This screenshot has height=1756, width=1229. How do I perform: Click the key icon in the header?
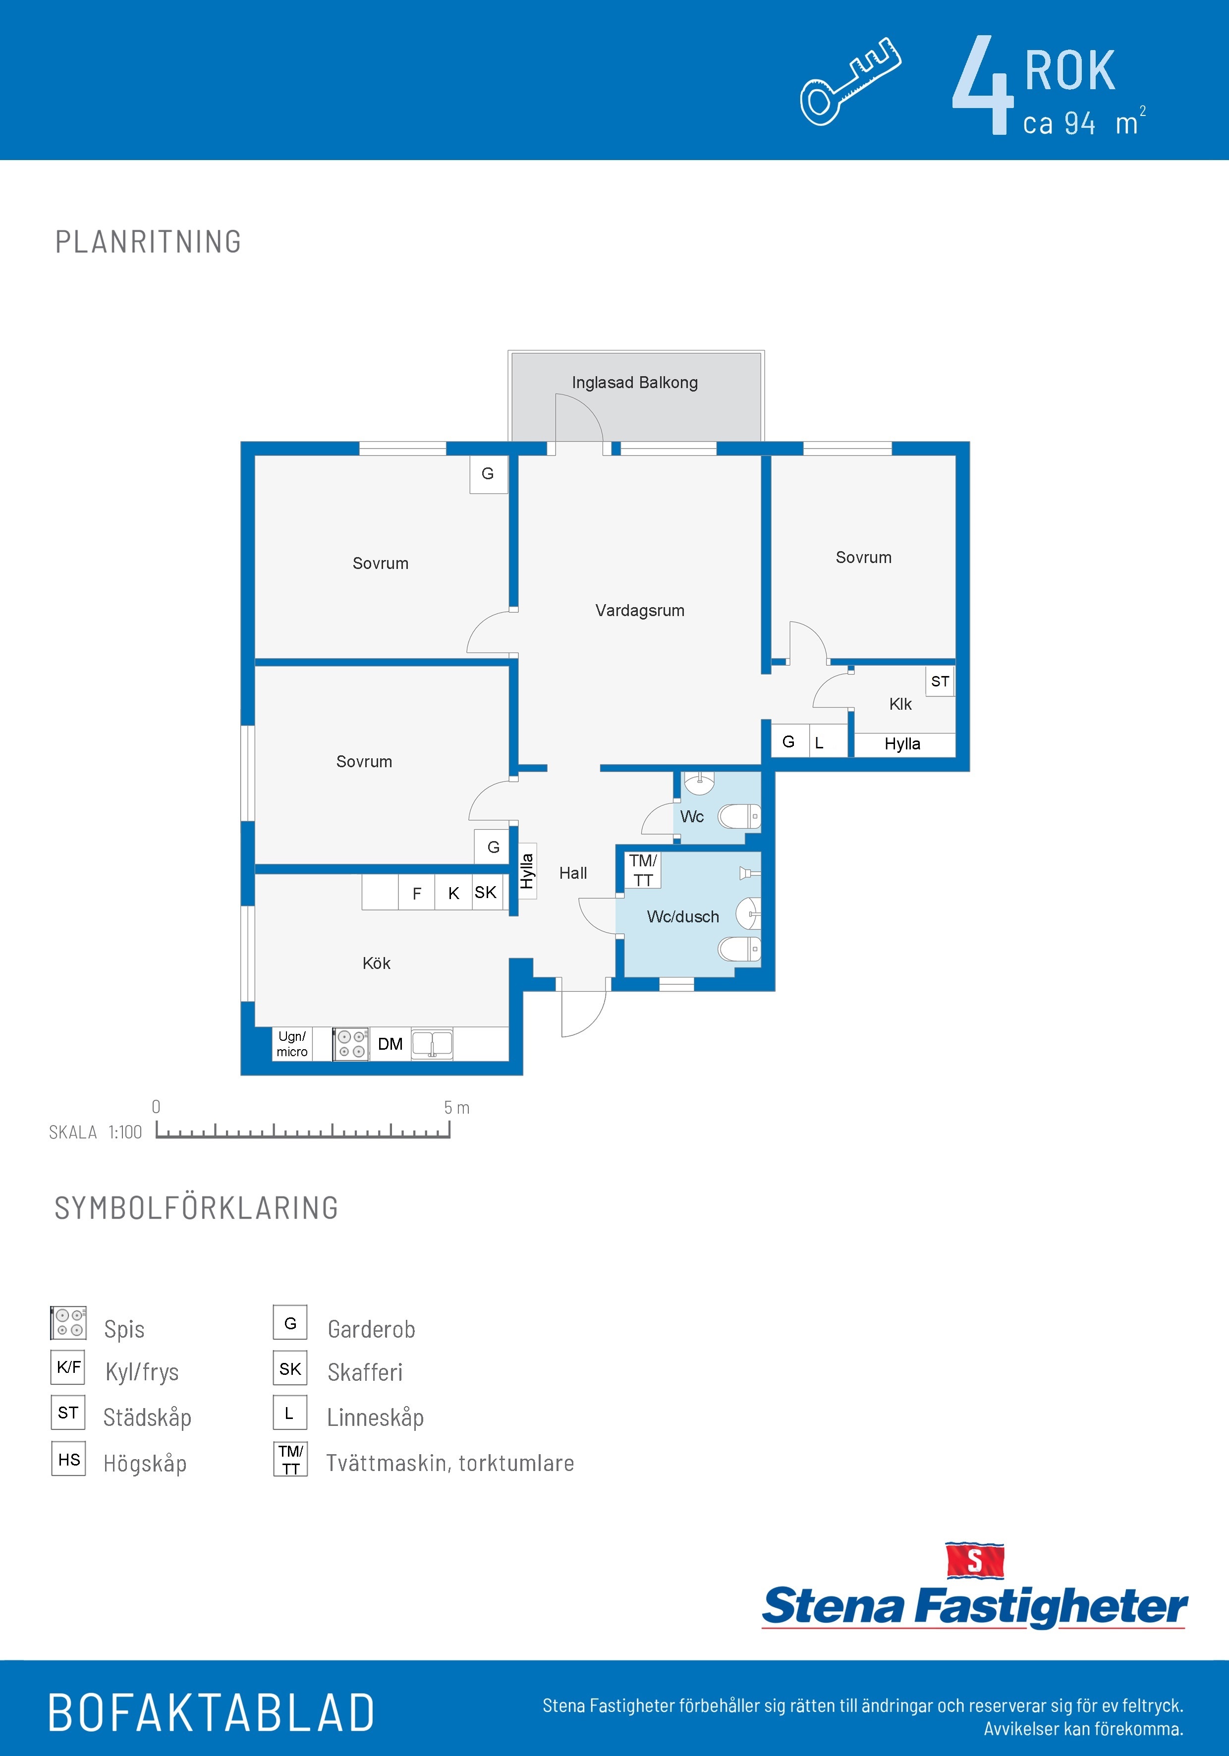pyautogui.click(x=850, y=81)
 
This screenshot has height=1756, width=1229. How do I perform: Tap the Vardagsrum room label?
pyautogui.click(x=640, y=610)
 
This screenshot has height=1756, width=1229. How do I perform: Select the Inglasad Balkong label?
pyautogui.click(x=635, y=383)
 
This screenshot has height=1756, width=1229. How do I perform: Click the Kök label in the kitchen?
pyautogui.click(x=376, y=963)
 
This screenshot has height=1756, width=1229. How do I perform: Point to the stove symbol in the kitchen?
pyautogui.click(x=351, y=1044)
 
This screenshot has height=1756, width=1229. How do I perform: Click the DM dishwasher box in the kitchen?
pyautogui.click(x=390, y=1044)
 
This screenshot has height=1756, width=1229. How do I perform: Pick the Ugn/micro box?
pyautogui.click(x=292, y=1044)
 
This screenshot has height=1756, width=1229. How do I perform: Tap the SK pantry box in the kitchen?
pyautogui.click(x=486, y=892)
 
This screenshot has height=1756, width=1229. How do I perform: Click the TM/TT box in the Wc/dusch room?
pyautogui.click(x=642, y=870)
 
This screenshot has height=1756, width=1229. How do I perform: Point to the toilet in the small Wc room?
pyautogui.click(x=739, y=817)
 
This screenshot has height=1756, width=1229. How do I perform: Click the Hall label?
pyautogui.click(x=573, y=873)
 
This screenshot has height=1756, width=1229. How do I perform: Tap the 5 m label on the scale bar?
pyautogui.click(x=456, y=1107)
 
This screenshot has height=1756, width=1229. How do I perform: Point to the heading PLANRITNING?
pyautogui.click(x=148, y=242)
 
